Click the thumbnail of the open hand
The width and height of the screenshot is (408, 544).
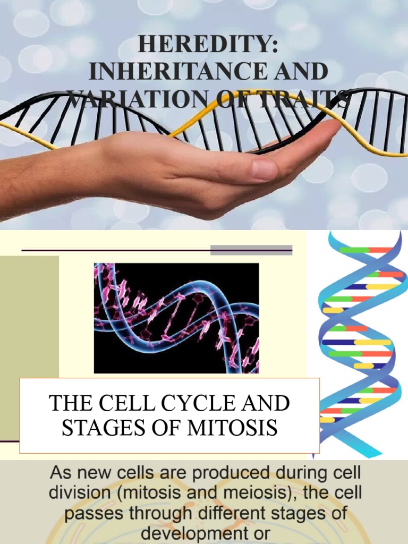(175, 170)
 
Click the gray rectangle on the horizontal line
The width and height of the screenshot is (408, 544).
(251, 250)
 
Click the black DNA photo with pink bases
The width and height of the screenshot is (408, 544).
(176, 318)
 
